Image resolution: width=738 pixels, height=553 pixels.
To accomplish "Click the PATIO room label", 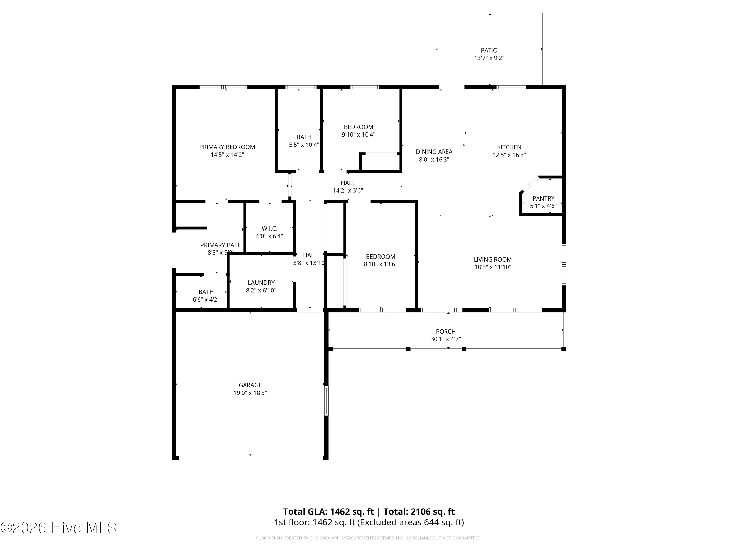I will click(x=489, y=50).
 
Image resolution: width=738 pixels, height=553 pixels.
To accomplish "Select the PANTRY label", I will click(x=543, y=198).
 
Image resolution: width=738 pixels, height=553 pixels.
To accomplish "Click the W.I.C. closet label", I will click(x=269, y=228).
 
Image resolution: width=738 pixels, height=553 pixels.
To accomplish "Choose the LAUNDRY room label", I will click(x=261, y=283).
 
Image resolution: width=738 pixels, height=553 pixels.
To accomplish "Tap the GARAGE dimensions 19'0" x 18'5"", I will click(x=250, y=393).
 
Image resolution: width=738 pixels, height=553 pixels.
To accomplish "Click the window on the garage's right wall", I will click(x=326, y=400).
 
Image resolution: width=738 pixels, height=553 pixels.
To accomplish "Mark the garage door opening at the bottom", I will click(x=250, y=458).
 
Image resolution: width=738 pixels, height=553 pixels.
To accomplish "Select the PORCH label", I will click(x=446, y=331).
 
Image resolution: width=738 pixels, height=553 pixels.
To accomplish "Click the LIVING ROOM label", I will click(x=492, y=259).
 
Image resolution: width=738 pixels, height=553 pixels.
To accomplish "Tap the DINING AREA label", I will click(x=434, y=152).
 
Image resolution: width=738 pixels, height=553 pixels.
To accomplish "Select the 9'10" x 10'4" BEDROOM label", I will click(x=358, y=127).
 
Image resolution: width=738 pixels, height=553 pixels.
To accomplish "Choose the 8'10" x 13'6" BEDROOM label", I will click(x=380, y=257).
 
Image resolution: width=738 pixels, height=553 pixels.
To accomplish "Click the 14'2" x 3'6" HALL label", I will click(x=348, y=183).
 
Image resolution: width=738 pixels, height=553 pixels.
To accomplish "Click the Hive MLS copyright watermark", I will click(x=58, y=528).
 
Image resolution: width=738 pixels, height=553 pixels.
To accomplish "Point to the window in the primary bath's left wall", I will click(x=174, y=250).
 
